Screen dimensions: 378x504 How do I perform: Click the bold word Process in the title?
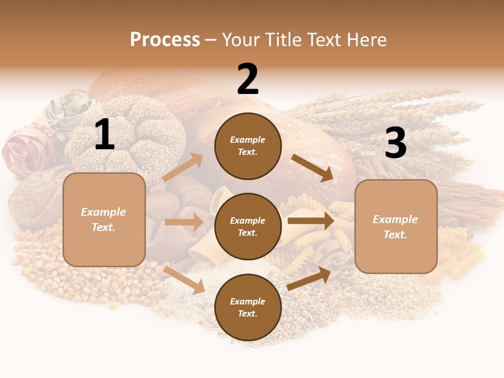click(165, 39)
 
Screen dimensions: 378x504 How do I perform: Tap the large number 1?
click(104, 135)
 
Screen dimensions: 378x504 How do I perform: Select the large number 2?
click(248, 79)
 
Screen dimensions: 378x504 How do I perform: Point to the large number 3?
click(395, 143)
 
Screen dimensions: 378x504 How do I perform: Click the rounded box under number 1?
click(104, 219)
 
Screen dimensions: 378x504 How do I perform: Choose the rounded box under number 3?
click(396, 227)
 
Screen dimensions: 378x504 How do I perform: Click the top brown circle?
click(248, 146)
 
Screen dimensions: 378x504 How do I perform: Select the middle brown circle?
click(248, 226)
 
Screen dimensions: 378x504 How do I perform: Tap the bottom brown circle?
click(248, 307)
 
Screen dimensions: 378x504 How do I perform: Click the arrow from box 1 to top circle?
click(183, 167)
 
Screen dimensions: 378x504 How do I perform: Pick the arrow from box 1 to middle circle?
click(184, 222)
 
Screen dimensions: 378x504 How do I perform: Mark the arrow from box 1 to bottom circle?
click(184, 280)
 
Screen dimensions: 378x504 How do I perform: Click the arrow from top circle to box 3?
click(313, 167)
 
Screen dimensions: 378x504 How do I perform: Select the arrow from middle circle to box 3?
click(310, 220)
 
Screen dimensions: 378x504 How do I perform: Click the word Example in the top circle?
click(248, 140)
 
